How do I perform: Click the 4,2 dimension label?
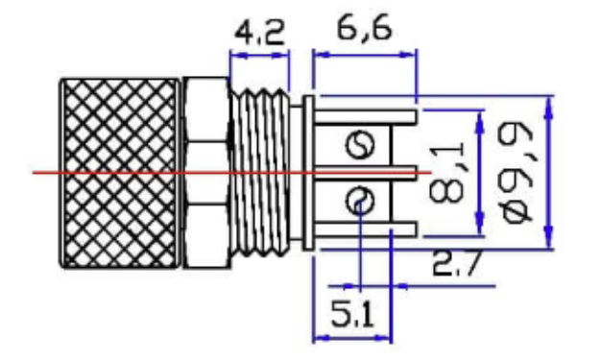pyautogui.click(x=260, y=33)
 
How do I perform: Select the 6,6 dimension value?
pyautogui.click(x=364, y=28)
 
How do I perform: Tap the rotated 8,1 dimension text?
pyautogui.click(x=447, y=172)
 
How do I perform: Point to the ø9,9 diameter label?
pyautogui.click(x=516, y=174)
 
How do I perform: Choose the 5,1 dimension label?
pyautogui.click(x=351, y=313)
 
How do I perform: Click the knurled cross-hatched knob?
pyautogui.click(x=119, y=174)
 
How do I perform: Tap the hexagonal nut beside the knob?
pyautogui.click(x=206, y=173)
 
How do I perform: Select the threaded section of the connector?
pyautogui.click(x=260, y=173)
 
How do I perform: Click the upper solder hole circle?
pyautogui.click(x=360, y=145)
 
